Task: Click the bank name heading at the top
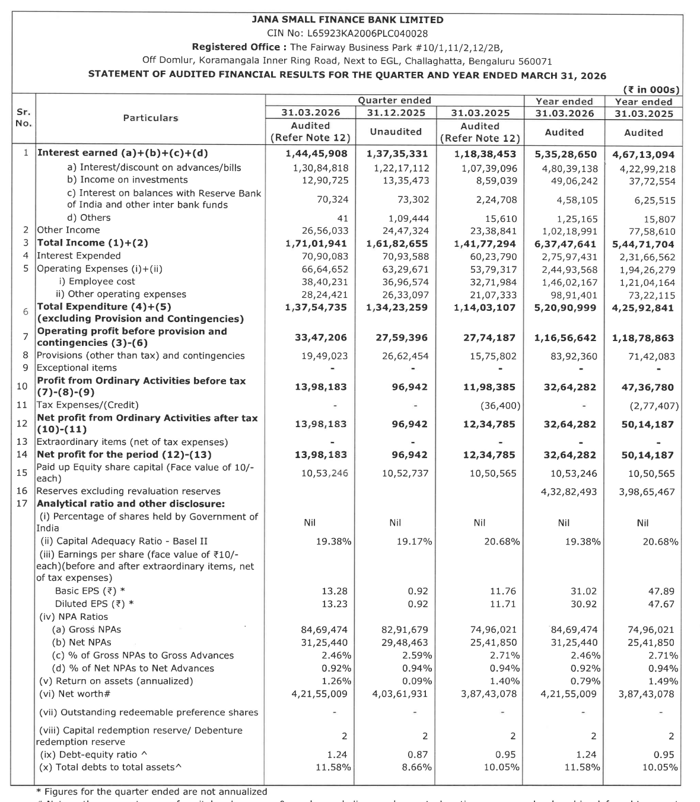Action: pos(348,20)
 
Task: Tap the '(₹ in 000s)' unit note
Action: pos(651,90)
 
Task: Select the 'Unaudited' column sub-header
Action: pos(395,132)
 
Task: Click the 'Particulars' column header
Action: pos(151,118)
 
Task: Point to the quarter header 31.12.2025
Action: pos(395,113)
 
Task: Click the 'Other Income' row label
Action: pos(68,230)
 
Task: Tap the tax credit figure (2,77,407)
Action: pos(654,406)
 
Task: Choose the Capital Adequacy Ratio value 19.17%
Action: pos(414,542)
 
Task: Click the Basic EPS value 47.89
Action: pos(661,591)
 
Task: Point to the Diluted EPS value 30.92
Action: pos(584,604)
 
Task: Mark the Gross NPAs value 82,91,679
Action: pos(406,630)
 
